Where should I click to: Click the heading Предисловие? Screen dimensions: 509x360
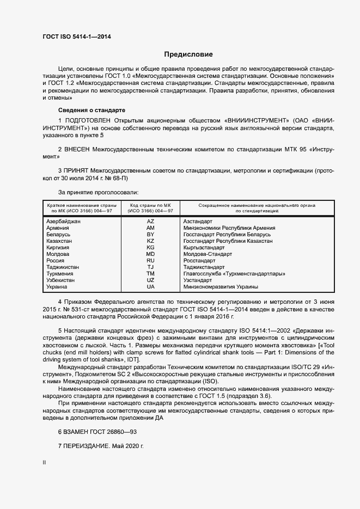[188, 54]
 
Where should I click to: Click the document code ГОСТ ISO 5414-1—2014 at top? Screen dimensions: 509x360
[76, 36]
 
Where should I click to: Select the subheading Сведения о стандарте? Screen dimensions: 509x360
[91, 109]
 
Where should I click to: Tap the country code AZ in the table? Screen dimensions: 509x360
[151, 222]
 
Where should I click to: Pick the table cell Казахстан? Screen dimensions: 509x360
[60, 241]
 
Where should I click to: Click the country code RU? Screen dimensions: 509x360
[151, 261]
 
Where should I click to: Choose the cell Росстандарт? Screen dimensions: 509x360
[200, 261]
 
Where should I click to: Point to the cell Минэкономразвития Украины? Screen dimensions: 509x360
[221, 287]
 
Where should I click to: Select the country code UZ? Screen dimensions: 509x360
[151, 280]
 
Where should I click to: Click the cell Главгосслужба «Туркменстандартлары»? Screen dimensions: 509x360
[234, 274]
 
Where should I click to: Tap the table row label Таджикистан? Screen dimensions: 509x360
[63, 267]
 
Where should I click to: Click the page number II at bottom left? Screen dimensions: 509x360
[44, 463]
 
